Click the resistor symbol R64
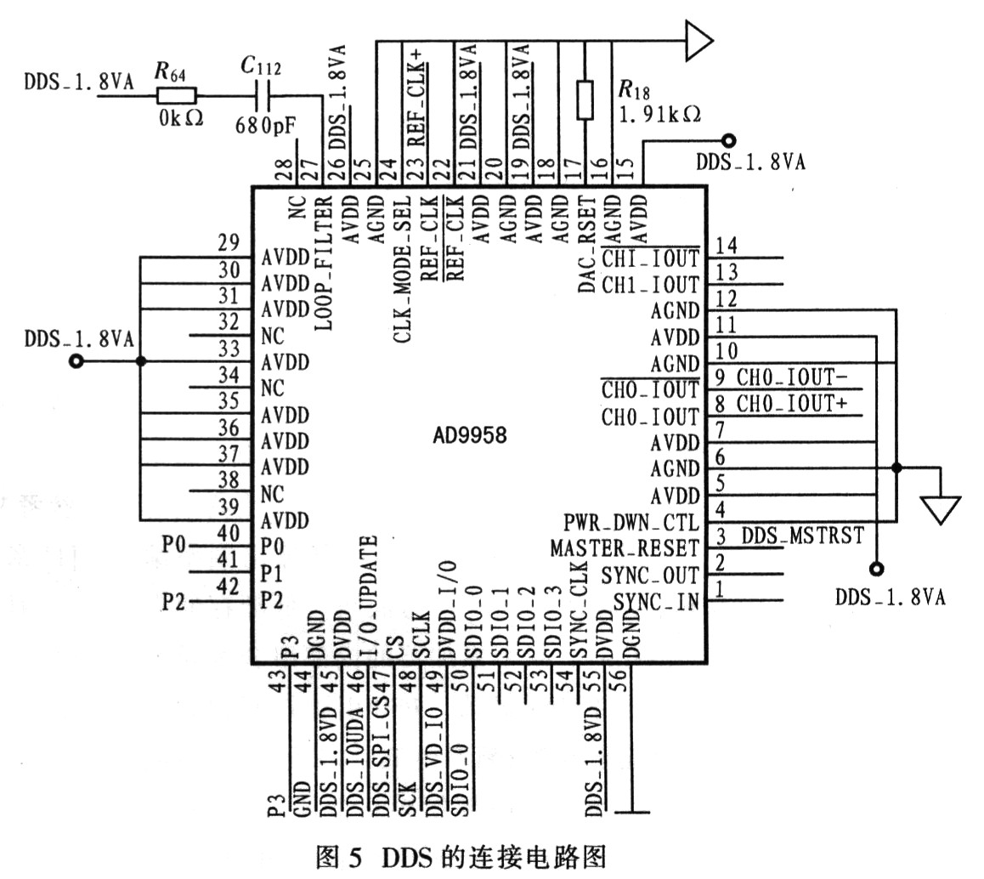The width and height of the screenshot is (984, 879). (x=177, y=95)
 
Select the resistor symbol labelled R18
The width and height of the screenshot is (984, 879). (x=585, y=99)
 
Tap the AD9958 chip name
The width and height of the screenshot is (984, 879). (x=469, y=435)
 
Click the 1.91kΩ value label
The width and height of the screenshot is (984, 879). (x=659, y=114)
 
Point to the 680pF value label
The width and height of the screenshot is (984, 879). (x=265, y=126)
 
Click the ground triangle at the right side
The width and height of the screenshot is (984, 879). (x=940, y=510)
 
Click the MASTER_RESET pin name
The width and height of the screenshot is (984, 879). (x=625, y=549)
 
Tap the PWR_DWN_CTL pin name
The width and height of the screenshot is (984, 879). (x=631, y=522)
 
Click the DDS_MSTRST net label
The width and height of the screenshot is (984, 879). (x=803, y=536)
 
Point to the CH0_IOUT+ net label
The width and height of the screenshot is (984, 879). (x=792, y=404)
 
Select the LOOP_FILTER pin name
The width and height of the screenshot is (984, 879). (x=323, y=263)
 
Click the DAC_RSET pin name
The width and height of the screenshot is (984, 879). (x=587, y=245)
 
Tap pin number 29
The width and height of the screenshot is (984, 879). (x=229, y=242)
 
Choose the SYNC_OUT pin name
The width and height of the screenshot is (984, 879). (x=649, y=576)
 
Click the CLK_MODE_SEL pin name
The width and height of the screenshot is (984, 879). (x=402, y=269)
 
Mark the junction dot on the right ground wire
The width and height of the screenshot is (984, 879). (x=896, y=468)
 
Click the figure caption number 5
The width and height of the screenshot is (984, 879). (x=356, y=857)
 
